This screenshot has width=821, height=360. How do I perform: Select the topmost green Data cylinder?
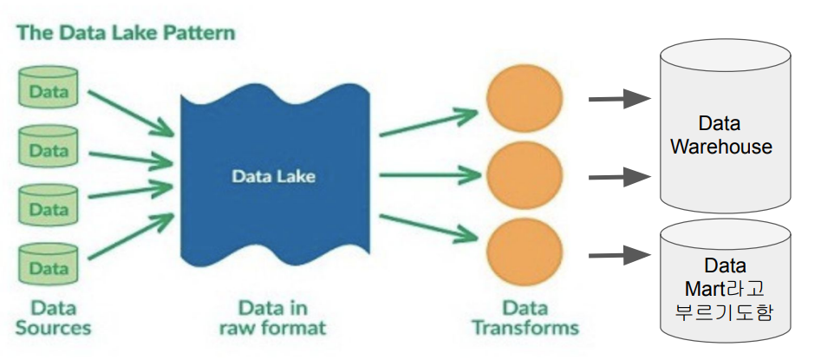pos(49,90)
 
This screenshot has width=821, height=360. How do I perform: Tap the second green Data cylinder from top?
pos(49,149)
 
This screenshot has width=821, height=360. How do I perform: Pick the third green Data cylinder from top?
pos(49,208)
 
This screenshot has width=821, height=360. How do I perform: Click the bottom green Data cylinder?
pos(49,267)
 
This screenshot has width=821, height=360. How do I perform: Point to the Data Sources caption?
pos(53,317)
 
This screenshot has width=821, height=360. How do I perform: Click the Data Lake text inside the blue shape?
pos(273,176)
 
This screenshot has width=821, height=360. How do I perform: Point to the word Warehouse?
pos(721,147)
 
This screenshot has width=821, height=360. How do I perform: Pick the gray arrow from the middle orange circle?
pos(620,178)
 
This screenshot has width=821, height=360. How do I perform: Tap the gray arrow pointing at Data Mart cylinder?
pos(620,255)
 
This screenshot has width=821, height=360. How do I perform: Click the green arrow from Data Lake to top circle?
pos(429,121)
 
